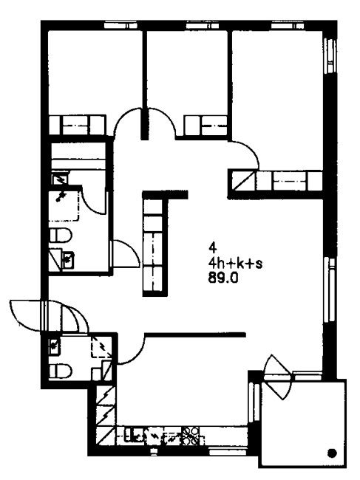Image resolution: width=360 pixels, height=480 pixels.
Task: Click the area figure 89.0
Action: click(x=223, y=278)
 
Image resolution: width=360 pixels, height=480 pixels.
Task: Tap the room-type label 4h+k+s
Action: click(x=235, y=264)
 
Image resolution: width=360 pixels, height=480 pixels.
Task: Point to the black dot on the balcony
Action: click(x=332, y=453)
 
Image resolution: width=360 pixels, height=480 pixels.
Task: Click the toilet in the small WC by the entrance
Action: click(x=61, y=371)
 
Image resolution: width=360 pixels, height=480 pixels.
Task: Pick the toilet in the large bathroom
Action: click(x=61, y=235)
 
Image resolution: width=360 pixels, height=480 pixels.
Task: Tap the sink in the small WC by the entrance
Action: click(x=55, y=346)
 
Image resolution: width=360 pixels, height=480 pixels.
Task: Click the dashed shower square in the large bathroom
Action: click(x=64, y=204)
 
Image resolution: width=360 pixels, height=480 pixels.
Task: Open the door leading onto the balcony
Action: click(x=277, y=377)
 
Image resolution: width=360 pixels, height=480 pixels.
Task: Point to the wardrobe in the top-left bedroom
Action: click(x=77, y=125)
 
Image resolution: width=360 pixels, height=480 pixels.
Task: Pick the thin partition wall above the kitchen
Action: click(x=195, y=334)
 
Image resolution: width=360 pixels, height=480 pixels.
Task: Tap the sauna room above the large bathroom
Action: click(x=78, y=155)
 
